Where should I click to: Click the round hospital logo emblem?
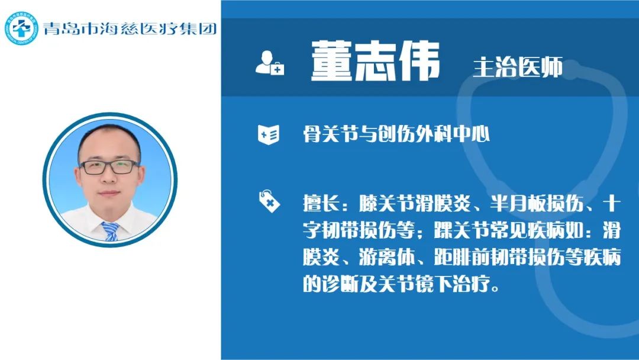tap(21, 28)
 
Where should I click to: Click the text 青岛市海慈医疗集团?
tap(130, 28)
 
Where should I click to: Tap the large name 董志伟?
tap(375, 61)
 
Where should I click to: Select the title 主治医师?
tap(518, 67)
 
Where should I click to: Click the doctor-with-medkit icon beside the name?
tap(269, 63)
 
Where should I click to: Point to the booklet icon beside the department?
tap(269, 134)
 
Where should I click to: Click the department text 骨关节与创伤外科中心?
tap(396, 134)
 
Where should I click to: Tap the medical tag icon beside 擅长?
tap(269, 201)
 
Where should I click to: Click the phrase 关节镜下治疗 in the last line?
tap(434, 284)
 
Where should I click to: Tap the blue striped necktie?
tap(110, 231)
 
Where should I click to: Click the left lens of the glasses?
tap(93, 168)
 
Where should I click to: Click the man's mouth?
tap(109, 194)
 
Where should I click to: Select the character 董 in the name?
tap(331, 61)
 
